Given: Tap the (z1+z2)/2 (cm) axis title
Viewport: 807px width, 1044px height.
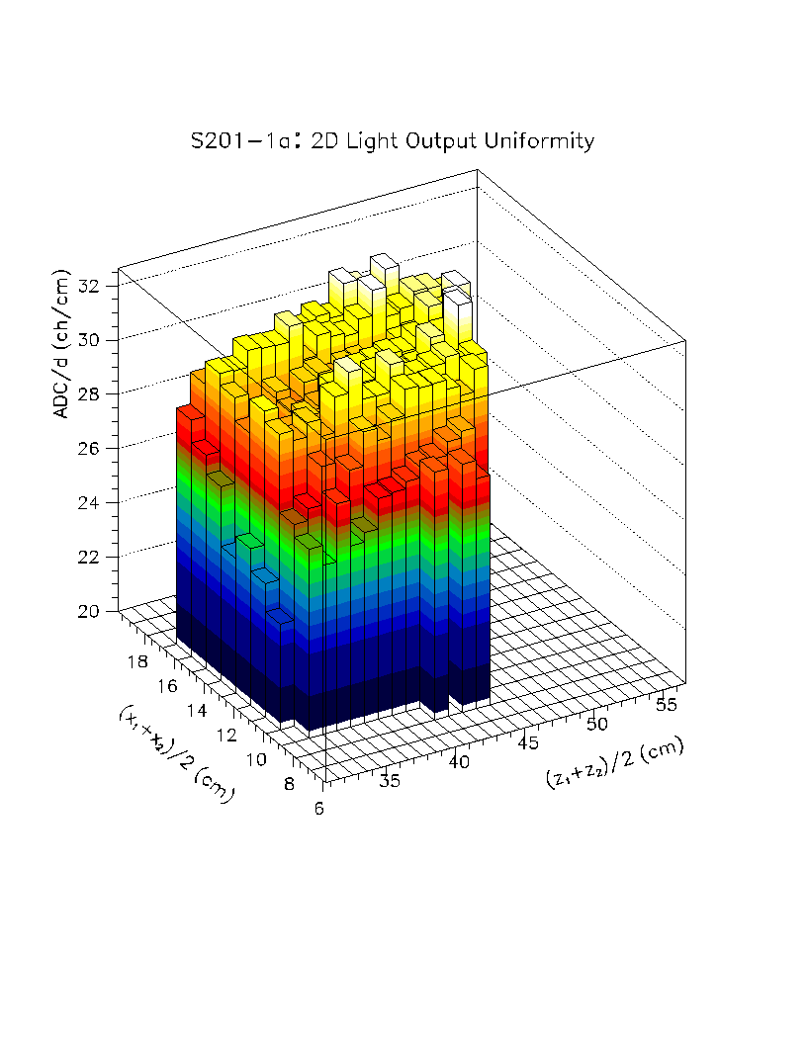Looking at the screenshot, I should (613, 762).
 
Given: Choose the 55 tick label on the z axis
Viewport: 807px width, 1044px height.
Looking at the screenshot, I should (668, 704).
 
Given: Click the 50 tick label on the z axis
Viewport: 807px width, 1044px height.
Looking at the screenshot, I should (596, 725).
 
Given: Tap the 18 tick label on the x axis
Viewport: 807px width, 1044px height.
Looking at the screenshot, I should (137, 661).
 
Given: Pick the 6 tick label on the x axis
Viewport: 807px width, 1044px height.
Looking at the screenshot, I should (316, 808).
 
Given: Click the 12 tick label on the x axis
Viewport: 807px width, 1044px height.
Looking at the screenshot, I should (225, 735).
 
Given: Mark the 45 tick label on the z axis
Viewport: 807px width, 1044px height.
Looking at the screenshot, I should (528, 743).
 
